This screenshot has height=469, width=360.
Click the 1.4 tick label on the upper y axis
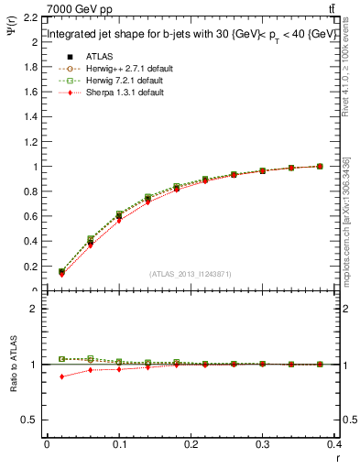(30, 117)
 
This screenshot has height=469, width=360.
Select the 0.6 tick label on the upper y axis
(30, 217)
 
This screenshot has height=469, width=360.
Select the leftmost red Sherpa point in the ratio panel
(61, 376)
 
